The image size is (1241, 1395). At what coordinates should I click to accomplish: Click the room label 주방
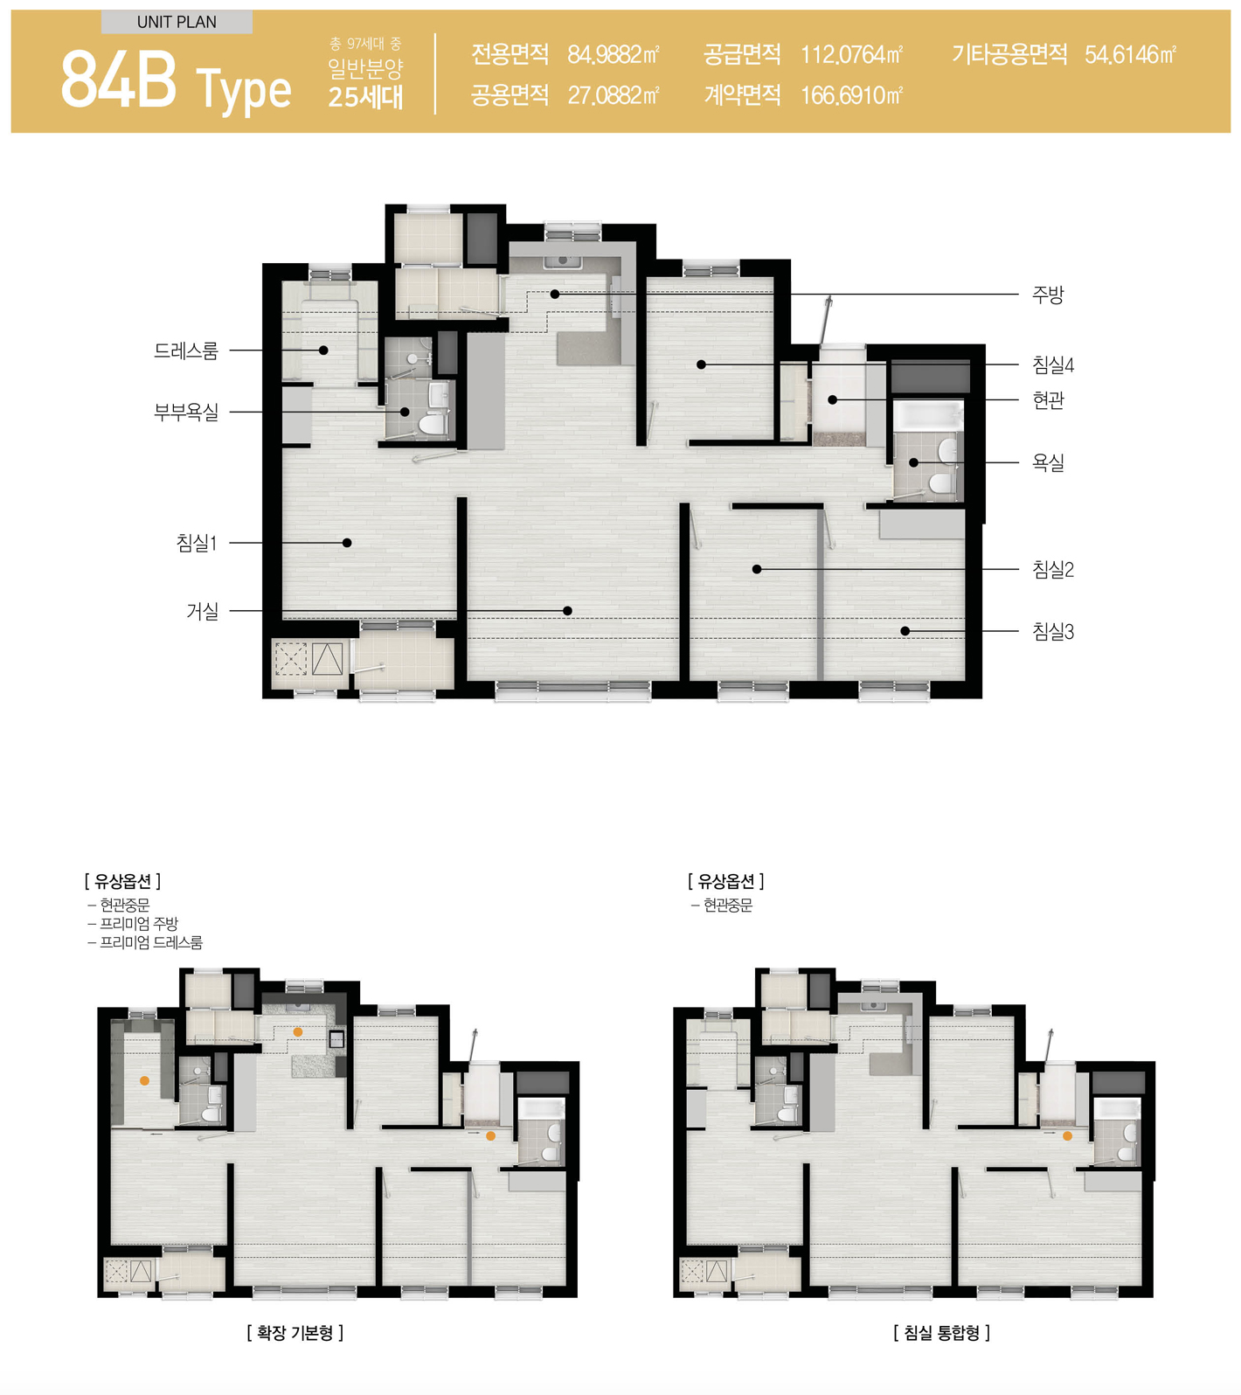tap(1047, 295)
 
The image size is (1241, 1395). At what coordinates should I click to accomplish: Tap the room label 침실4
tap(1052, 365)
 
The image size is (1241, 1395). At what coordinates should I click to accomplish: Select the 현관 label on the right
tap(1047, 400)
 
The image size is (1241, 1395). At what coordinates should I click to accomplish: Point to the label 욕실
tap(1047, 462)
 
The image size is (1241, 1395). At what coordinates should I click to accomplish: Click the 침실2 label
tap(1052, 570)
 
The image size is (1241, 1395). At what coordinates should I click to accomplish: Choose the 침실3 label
tap(1052, 631)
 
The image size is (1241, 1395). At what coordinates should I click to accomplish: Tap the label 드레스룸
tap(186, 350)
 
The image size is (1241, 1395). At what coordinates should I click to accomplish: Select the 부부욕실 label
tap(186, 412)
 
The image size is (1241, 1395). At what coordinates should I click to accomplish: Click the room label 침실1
tap(197, 543)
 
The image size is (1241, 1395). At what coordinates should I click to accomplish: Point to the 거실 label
tap(202, 611)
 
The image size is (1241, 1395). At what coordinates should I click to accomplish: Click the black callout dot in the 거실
tap(568, 611)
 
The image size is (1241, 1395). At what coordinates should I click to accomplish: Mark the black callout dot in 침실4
tap(701, 364)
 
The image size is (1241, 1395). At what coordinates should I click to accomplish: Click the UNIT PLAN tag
tap(177, 22)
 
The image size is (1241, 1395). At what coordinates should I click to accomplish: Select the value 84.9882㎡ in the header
tap(614, 55)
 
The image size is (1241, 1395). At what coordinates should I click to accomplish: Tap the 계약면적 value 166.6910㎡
tap(851, 95)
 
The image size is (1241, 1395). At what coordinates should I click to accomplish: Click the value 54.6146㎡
tap(1130, 55)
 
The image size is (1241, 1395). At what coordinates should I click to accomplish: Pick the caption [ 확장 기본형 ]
tap(295, 1333)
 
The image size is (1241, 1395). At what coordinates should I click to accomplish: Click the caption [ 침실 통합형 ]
tap(942, 1333)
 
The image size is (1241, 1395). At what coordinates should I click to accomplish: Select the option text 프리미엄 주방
tap(139, 924)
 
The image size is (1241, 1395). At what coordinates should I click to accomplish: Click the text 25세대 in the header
tap(365, 96)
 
